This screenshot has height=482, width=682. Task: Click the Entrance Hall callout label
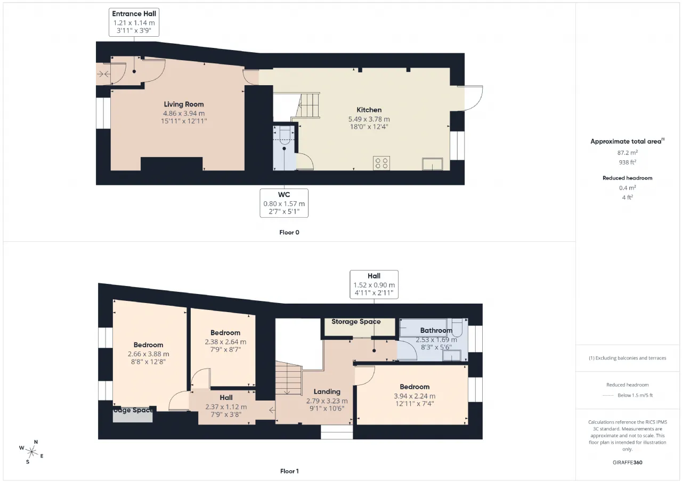[134, 22]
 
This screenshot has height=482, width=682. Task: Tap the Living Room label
[184, 104]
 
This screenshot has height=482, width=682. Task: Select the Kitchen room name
[369, 110]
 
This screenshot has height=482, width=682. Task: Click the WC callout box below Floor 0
[284, 203]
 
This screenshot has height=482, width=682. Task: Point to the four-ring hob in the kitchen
[381, 163]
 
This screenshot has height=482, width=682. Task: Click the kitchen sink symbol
[432, 164]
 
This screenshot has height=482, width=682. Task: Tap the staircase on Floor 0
[305, 105]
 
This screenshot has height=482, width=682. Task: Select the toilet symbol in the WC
[284, 137]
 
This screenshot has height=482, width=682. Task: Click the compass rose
[31, 452]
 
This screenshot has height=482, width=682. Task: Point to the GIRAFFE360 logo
[628, 462]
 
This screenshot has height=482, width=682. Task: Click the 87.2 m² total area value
[628, 153]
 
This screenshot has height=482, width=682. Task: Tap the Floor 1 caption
[289, 471]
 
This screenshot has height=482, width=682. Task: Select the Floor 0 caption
[289, 233]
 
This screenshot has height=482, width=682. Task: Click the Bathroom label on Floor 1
[436, 330]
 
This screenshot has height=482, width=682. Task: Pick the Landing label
[327, 391]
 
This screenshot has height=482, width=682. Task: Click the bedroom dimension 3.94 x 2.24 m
[415, 396]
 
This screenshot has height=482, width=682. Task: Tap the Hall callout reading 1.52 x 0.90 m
[374, 284]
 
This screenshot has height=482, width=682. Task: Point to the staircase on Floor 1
[288, 378]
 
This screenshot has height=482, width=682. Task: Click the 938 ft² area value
[628, 162]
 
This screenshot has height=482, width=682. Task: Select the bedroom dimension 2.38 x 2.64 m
[225, 342]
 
